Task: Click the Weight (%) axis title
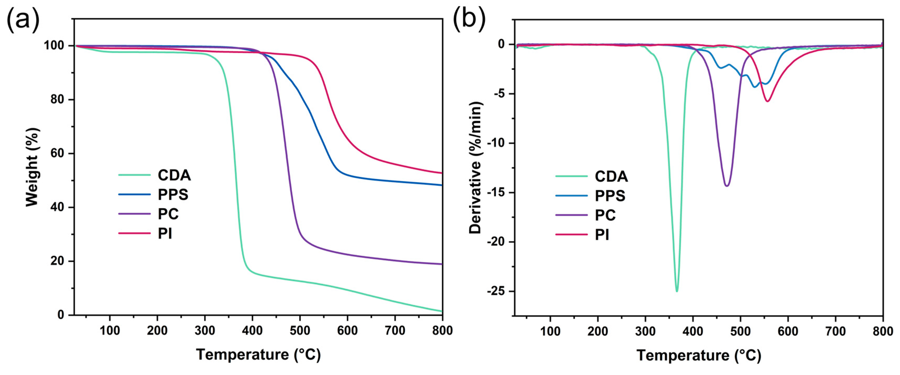32,167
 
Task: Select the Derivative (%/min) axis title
475,168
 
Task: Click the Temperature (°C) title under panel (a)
258,355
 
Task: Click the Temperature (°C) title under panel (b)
699,355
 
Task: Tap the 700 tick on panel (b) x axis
835,331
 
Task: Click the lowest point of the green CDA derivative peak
677,291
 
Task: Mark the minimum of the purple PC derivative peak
727,186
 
